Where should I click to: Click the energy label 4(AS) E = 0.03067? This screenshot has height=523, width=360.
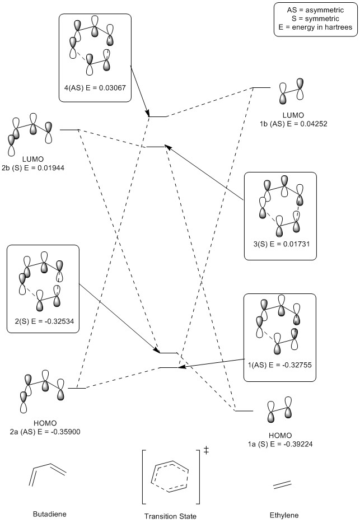pyautogui.click(x=95, y=87)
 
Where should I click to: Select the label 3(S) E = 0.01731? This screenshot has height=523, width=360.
pyautogui.click(x=280, y=244)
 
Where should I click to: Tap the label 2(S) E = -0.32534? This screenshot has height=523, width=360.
pyautogui.click(x=43, y=323)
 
